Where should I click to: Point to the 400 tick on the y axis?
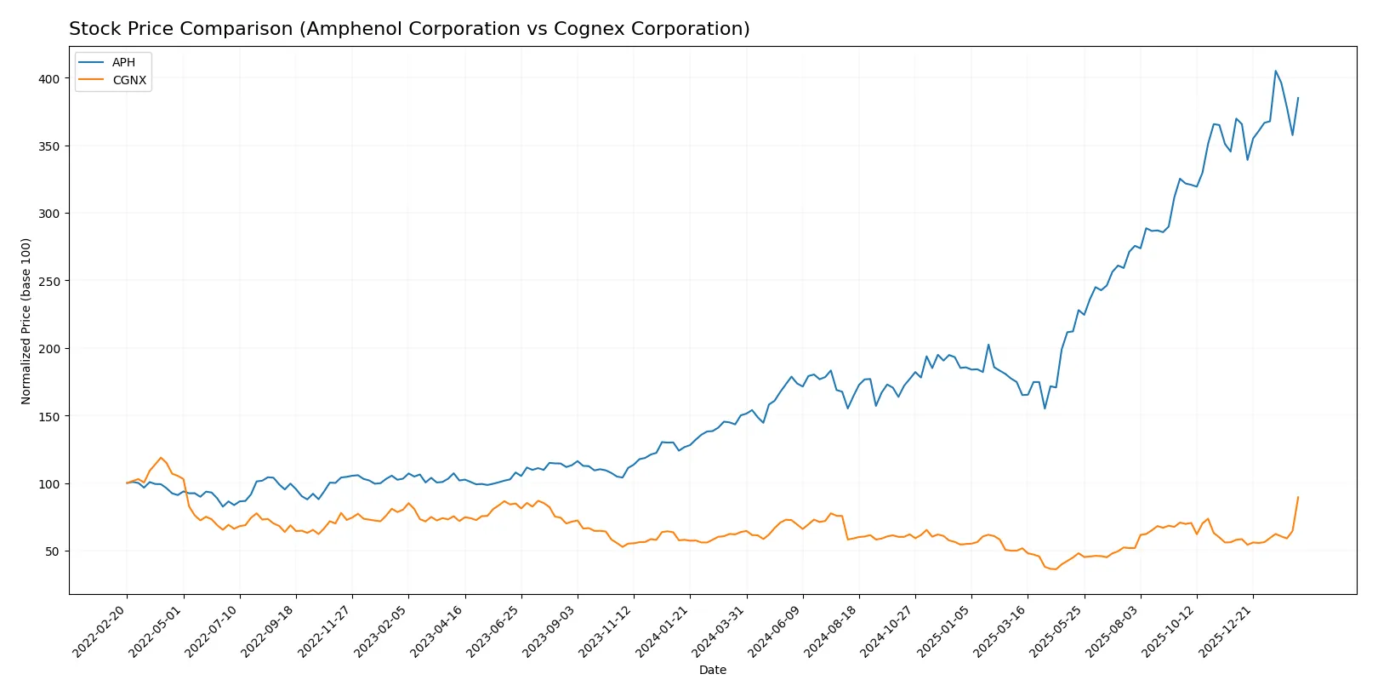point(49,78)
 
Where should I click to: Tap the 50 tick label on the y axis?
point(53,551)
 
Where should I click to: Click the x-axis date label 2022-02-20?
point(100,631)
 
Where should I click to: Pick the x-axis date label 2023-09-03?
point(551,631)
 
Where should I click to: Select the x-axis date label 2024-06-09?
point(777,631)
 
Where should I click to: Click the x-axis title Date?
point(712,670)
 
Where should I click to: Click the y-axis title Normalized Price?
point(26,321)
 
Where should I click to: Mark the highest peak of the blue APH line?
point(1275,71)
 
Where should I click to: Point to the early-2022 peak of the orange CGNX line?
point(161,458)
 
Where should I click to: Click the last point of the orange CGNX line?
point(1298,497)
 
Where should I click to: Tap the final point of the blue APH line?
point(1298,98)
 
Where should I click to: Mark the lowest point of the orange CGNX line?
point(1056,569)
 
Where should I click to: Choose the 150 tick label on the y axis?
point(49,416)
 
